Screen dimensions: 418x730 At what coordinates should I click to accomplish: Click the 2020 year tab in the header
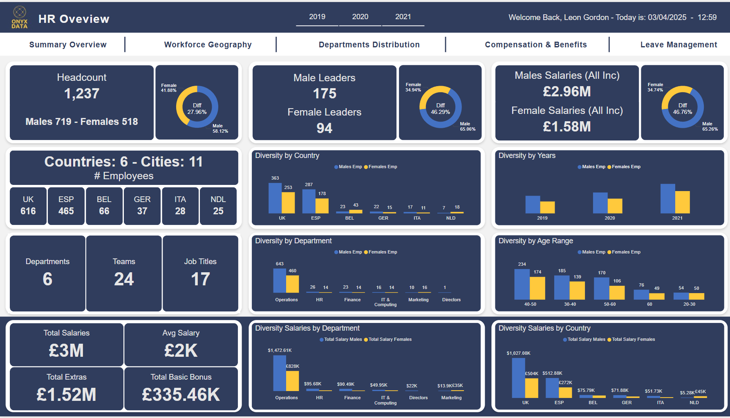coord(360,17)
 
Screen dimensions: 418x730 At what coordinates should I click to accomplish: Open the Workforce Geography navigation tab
coord(208,44)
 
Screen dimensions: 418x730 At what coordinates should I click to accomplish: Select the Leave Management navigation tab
coord(678,44)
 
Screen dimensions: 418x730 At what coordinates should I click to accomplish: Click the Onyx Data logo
coord(20,18)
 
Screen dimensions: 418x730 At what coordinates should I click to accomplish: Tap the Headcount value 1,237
coord(82,93)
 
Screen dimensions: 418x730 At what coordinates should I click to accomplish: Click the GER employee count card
coord(142,206)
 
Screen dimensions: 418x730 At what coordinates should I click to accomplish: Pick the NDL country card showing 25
coord(218,206)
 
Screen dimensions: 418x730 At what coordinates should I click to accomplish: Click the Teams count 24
coord(124,279)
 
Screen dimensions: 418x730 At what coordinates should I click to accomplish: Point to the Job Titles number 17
coord(200,279)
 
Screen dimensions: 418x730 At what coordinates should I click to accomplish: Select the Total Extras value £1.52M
coord(66,394)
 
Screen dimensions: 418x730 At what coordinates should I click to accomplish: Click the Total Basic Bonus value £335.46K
coord(181,394)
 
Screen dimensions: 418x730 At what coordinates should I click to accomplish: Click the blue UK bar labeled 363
coord(275,198)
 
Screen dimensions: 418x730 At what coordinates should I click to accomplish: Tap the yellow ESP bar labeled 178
coord(322,206)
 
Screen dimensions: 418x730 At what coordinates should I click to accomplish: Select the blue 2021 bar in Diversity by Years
coord(667,198)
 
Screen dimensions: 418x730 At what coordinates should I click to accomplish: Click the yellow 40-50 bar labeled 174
coord(537,288)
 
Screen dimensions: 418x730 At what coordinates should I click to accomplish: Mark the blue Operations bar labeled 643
coord(280,281)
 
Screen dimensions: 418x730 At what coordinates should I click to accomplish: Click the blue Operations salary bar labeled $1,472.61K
coord(280,373)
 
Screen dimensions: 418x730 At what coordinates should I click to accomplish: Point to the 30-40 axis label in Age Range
coord(570,304)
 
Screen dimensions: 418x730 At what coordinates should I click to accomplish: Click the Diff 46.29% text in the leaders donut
coord(440,109)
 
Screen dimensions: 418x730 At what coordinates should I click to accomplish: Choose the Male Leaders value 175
coord(325,93)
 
